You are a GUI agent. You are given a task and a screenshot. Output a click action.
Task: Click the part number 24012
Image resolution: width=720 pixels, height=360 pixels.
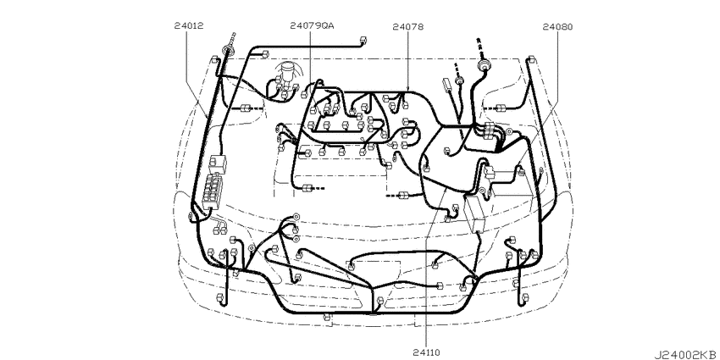coord(189,26)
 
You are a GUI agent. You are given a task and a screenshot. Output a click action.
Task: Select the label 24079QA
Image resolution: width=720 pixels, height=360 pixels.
coord(313,26)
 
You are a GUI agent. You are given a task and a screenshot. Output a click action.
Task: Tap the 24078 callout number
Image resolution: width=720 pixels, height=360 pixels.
coord(408,26)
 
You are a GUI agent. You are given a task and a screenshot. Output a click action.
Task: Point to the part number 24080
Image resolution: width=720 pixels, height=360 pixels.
coord(557,26)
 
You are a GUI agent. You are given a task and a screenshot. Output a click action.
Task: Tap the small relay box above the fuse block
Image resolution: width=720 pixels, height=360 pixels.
coord(218,163)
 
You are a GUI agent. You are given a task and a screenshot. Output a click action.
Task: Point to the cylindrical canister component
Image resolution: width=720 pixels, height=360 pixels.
coord(288,74)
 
